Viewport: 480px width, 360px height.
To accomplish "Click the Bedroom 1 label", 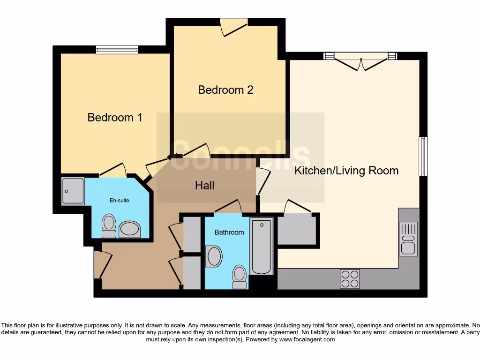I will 115,117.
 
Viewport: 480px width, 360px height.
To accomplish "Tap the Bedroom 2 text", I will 225,90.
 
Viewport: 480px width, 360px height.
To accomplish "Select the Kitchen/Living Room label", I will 346,171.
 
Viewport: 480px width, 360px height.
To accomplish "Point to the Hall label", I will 205,186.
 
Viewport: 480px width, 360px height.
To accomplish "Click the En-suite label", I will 119,200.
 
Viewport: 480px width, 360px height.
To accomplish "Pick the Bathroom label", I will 229,232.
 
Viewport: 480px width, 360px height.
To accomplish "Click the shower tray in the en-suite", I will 73,191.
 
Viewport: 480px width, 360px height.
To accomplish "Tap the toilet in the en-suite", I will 109,226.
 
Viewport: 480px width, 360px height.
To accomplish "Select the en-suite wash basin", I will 130,230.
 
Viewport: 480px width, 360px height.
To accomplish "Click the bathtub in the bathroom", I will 261,247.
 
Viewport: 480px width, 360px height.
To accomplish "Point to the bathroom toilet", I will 240,277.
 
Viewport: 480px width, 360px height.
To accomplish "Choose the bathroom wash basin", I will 214,257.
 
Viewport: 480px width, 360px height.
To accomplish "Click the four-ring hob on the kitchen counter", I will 350,279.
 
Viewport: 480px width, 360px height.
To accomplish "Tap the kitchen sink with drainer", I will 408,239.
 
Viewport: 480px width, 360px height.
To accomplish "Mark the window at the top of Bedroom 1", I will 117,49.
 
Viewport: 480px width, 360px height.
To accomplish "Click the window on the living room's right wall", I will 423,156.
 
